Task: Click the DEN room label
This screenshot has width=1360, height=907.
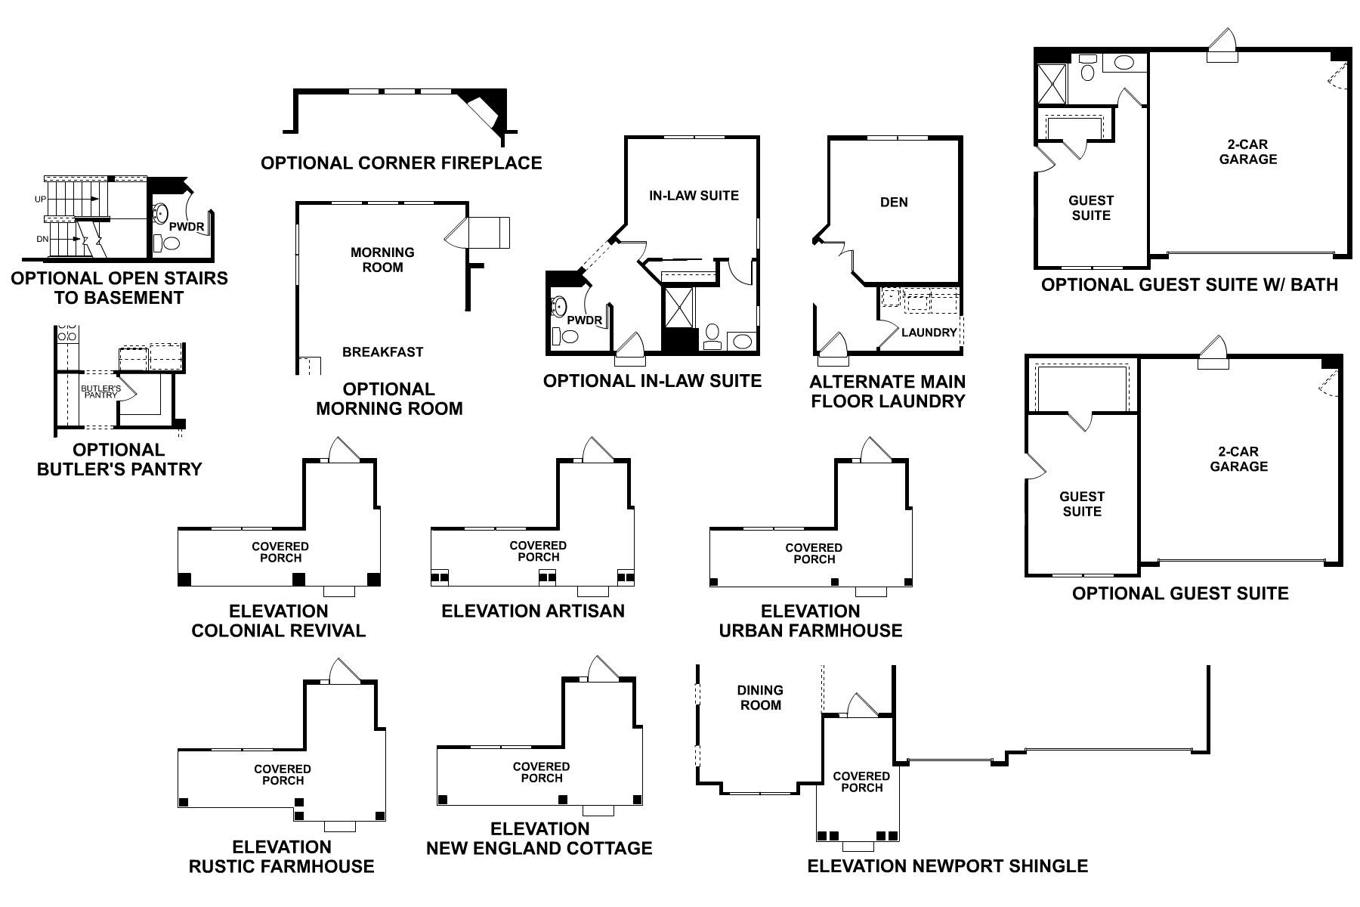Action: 894,203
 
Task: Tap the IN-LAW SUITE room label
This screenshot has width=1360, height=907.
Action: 694,196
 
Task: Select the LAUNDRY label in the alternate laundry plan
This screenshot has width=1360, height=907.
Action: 929,333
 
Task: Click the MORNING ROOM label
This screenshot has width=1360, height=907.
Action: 382,260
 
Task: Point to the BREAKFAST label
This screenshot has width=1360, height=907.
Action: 382,352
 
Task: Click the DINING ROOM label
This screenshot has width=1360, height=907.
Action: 760,698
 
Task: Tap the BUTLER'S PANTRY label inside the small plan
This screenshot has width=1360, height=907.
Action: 100,392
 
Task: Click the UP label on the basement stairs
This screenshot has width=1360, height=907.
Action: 41,200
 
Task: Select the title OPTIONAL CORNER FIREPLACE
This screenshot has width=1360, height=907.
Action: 401,163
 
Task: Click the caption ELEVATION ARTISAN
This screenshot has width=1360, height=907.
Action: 533,611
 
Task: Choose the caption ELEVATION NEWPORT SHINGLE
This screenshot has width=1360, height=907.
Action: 947,866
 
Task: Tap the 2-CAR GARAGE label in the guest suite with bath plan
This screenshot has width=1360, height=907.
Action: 1247,152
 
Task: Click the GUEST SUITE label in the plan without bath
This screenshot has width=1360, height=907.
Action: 1082,504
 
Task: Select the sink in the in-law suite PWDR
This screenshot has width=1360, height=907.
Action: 559,306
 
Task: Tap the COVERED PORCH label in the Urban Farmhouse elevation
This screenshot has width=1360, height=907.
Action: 813,554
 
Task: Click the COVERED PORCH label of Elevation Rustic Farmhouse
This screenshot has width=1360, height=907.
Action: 282,775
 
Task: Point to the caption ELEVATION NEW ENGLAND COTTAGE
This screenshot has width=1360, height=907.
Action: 539,839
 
